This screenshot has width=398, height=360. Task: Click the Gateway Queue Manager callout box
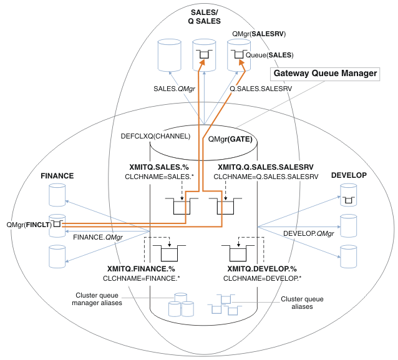(x=324, y=74)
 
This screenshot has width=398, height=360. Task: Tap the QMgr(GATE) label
(x=230, y=139)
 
